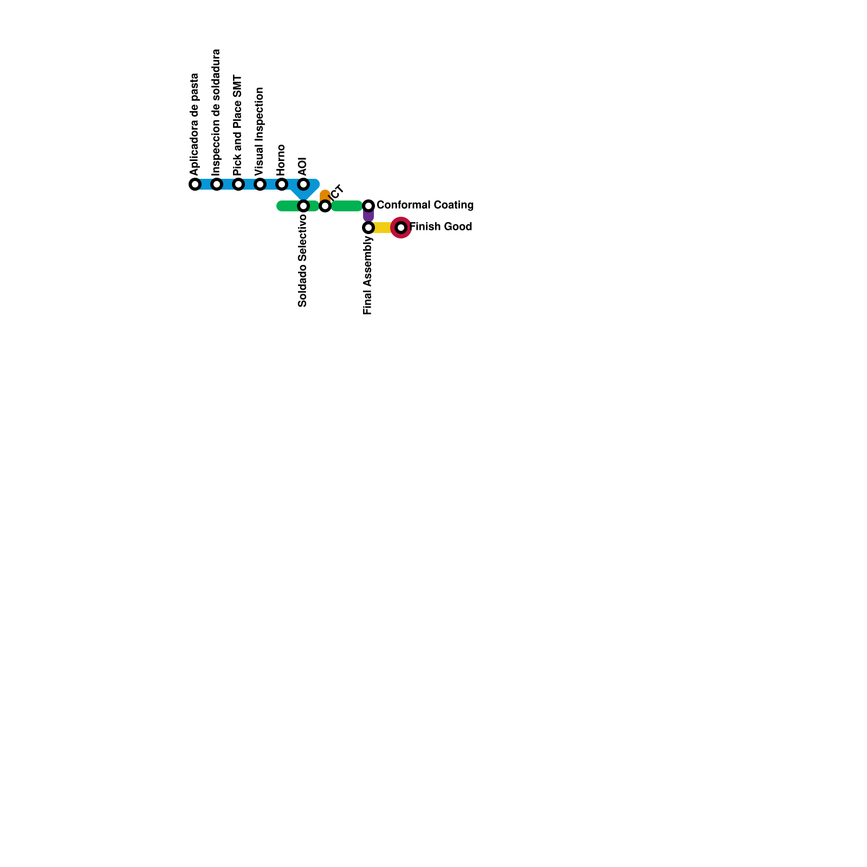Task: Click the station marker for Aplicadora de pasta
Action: coord(195,184)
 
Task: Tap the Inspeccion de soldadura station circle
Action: coord(217,184)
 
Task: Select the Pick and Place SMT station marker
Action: coord(238,184)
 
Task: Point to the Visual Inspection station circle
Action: coord(260,184)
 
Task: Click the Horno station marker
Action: coord(281,184)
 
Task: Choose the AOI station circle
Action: coord(303,184)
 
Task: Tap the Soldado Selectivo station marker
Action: coord(303,206)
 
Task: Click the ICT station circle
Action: coord(325,206)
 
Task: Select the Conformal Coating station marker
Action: coord(368,206)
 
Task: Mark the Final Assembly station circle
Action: coord(368,228)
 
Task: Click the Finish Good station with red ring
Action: coord(401,228)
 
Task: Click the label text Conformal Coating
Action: coord(425,205)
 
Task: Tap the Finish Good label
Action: coord(441,227)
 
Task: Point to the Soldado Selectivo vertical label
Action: coord(303,261)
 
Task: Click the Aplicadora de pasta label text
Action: coord(195,125)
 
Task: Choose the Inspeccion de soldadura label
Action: coord(216,112)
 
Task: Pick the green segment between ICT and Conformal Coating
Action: coord(347,206)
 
